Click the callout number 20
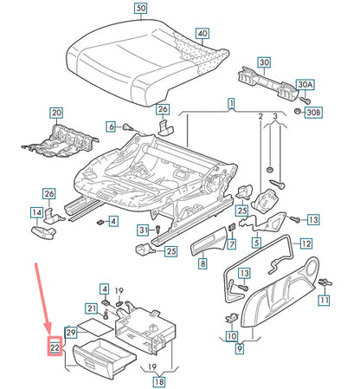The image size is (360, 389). pyautogui.click(x=56, y=113)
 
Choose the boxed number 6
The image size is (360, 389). pyautogui.click(x=111, y=126)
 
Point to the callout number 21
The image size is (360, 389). pyautogui.click(x=91, y=308)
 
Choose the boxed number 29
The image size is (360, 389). pyautogui.click(x=72, y=332)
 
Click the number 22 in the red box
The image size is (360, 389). pyautogui.click(x=54, y=347)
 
